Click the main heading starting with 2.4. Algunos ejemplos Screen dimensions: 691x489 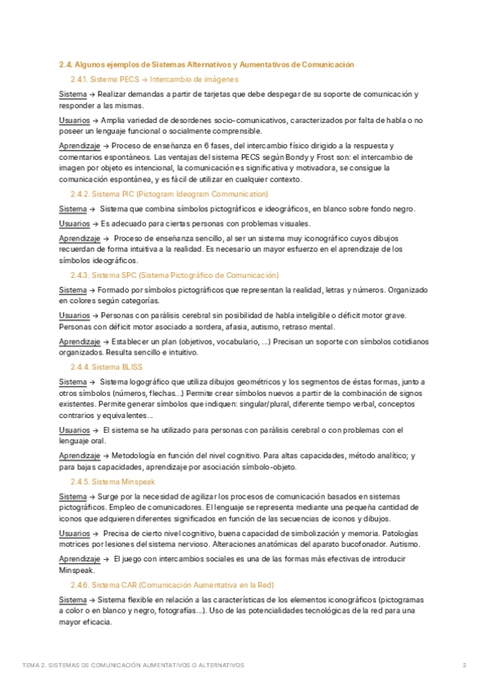[x=206, y=64]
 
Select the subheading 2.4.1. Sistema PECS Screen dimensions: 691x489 [x=154, y=79]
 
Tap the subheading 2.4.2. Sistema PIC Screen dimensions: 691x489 [x=169, y=194]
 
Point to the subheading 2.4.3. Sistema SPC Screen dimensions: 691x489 [x=174, y=275]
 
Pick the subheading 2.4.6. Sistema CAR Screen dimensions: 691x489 [x=172, y=585]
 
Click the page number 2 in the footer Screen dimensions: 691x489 [x=464, y=665]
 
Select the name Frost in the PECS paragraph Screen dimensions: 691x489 [x=345, y=156]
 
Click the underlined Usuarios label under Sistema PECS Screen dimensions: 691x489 [x=74, y=121]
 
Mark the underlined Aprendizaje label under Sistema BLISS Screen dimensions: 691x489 [x=79, y=456]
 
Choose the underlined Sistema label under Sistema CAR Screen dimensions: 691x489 [x=73, y=600]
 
